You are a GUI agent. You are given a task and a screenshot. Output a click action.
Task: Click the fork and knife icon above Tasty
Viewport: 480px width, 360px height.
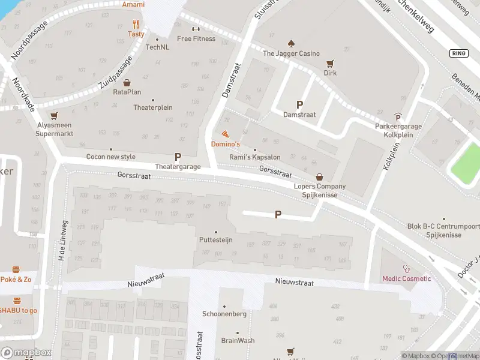click(x=136, y=25)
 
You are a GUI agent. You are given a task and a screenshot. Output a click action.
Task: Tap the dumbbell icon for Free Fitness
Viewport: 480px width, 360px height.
click(x=196, y=29)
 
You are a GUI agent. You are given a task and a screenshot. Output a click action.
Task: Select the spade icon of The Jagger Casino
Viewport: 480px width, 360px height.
click(x=291, y=44)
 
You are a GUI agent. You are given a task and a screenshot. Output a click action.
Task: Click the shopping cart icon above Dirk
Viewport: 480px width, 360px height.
click(x=329, y=64)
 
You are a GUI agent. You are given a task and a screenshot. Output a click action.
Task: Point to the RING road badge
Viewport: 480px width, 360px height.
click(x=458, y=53)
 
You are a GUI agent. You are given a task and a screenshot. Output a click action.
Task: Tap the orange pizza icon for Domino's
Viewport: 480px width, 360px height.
click(x=225, y=134)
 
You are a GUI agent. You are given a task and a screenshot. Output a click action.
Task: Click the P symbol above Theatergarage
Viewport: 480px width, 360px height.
click(x=178, y=157)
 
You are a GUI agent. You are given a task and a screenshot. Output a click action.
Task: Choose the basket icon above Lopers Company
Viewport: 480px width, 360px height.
click(x=319, y=177)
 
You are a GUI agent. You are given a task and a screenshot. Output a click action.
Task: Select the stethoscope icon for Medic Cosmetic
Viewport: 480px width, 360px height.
click(x=407, y=269)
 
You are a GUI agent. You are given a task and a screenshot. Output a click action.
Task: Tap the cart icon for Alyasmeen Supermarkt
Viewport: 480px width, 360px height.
click(x=55, y=116)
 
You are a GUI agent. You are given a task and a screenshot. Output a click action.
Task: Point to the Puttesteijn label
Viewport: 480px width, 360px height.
click(x=215, y=239)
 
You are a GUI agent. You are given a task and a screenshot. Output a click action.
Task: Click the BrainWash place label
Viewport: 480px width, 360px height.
click(x=238, y=340)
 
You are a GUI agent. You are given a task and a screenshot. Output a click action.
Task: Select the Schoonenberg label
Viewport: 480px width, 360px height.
click(x=224, y=314)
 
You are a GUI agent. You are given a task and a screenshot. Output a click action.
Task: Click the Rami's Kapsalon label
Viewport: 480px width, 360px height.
click(x=255, y=157)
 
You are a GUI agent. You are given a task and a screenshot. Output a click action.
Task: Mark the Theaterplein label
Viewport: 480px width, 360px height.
click(x=152, y=107)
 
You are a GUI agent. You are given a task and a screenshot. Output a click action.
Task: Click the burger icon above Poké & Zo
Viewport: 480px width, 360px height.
click(x=16, y=270)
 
